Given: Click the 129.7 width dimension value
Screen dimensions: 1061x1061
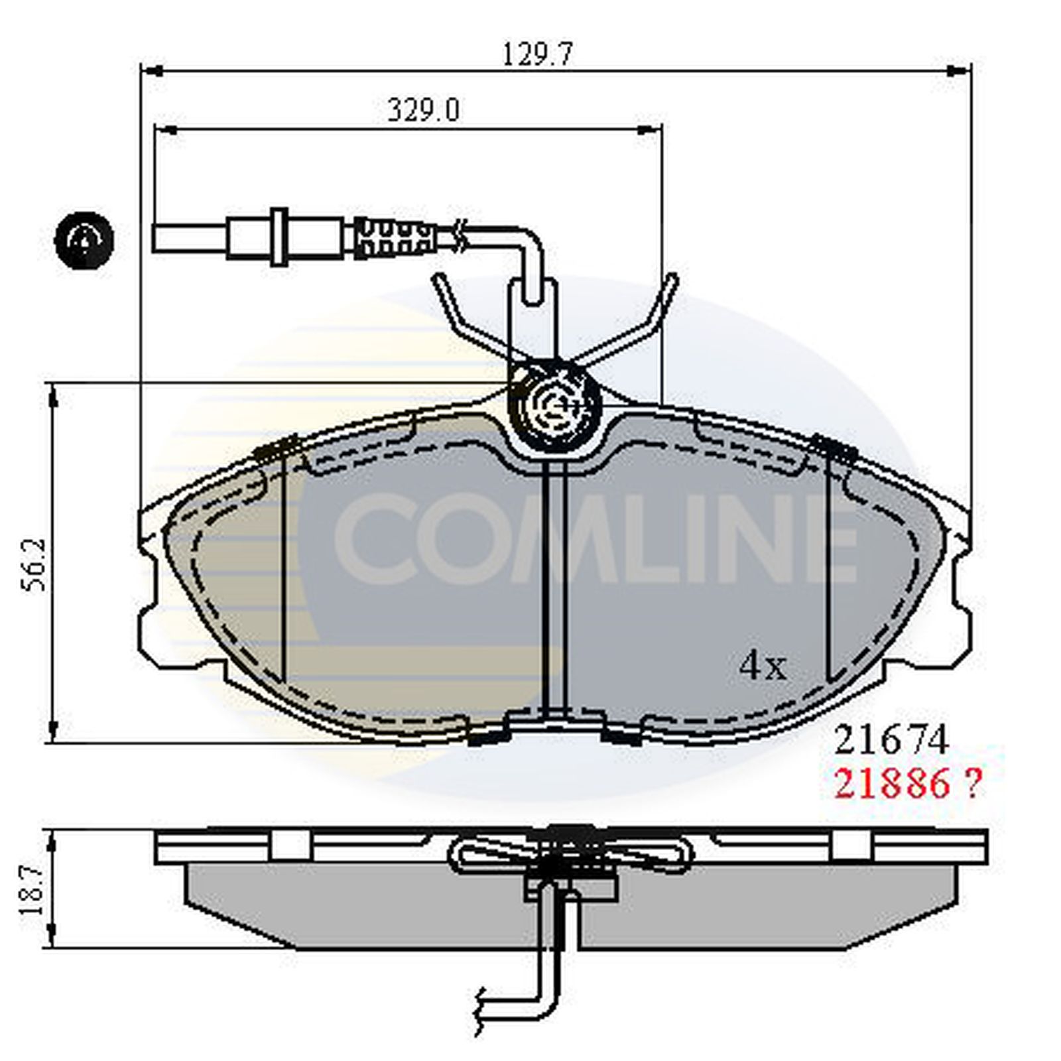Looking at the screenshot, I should pyautogui.click(x=536, y=52).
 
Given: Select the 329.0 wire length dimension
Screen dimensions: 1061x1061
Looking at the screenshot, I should pyautogui.click(x=422, y=110).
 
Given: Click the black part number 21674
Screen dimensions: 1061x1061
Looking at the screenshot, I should pyautogui.click(x=891, y=740).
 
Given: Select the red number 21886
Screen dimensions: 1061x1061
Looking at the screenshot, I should pyautogui.click(x=891, y=785).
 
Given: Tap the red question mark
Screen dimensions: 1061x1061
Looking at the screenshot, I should pyautogui.click(x=971, y=785).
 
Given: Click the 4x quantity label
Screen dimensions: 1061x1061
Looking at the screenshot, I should pyautogui.click(x=763, y=666).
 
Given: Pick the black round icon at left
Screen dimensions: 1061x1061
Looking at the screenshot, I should pyautogui.click(x=84, y=240).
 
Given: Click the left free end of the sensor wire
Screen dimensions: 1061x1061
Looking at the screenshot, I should pyautogui.click(x=159, y=238).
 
